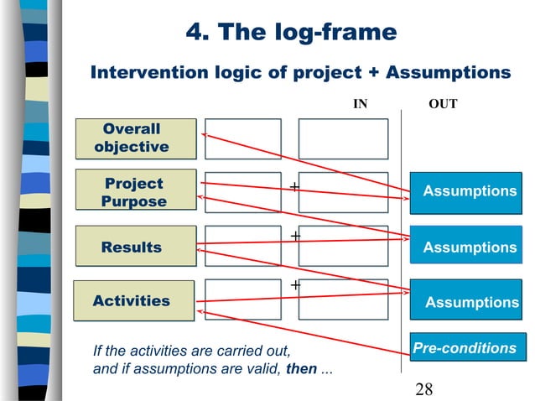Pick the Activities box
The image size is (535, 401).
click(x=133, y=300)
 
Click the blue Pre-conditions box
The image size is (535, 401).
click(x=464, y=347)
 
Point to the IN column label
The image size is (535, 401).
click(x=359, y=104)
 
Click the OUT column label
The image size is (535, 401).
click(x=442, y=104)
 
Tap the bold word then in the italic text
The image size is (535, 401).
click(x=301, y=367)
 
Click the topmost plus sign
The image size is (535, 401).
click(x=294, y=185)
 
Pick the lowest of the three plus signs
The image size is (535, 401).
click(x=295, y=286)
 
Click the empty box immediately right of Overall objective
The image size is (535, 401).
click(x=242, y=138)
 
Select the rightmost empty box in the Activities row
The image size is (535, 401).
click(x=343, y=299)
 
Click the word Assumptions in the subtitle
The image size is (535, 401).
click(x=448, y=73)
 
